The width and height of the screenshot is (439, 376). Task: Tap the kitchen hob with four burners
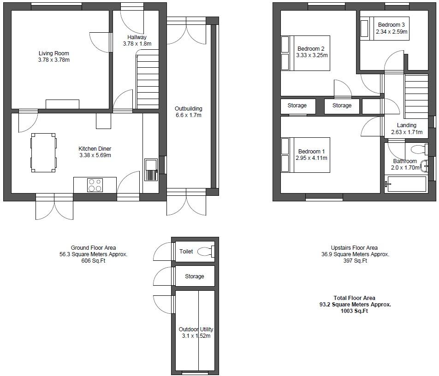coord(95,185)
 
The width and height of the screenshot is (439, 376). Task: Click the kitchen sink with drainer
coord(151,170)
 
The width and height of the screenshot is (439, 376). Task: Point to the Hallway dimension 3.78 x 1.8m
coord(137,44)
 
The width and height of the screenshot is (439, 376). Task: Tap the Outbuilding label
coord(188,109)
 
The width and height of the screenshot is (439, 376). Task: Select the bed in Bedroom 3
coord(384,29)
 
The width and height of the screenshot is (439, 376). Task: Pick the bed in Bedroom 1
coord(306,155)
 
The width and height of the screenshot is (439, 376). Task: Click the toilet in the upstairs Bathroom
coord(419,149)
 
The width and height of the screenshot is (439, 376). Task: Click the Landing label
coord(406,125)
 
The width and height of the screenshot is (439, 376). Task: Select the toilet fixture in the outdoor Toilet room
coord(206,252)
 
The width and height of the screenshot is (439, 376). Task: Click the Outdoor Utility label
coord(196,329)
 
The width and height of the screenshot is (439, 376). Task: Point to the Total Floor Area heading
coord(354,298)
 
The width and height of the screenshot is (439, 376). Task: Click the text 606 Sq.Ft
coord(93,261)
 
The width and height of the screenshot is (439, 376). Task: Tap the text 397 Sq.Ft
coord(354,261)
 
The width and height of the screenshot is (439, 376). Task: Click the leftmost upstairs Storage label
coord(297,106)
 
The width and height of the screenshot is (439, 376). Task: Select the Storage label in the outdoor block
coord(194,276)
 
